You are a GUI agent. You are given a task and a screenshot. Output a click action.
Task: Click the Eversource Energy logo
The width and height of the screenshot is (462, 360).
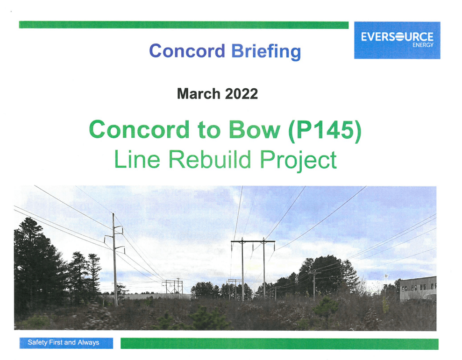397,40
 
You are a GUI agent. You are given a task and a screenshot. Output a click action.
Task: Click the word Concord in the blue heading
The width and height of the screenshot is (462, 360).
187,51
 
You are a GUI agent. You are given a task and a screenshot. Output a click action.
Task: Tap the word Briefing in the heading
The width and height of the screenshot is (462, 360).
266,51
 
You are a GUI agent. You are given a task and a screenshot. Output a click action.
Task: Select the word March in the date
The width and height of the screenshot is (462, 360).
199,94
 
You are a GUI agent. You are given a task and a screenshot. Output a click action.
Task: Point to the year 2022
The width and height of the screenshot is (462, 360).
242,94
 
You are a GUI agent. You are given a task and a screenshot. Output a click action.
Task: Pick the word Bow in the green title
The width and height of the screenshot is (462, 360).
255,130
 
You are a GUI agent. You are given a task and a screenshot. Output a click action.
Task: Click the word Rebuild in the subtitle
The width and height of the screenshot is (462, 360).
209,159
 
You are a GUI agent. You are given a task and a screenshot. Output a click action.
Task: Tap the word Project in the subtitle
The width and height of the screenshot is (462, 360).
298,160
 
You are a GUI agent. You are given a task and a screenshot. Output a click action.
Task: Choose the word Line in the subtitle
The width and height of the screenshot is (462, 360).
137,159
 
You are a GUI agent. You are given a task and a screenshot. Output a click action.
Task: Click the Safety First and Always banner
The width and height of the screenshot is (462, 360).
66,343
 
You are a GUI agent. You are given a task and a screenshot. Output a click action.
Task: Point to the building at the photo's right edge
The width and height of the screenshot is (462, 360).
418,288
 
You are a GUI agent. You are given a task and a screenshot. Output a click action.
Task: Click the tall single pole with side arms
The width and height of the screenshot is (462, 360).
114,259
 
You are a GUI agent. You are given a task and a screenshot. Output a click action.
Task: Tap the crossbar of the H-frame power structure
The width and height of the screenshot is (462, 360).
253,241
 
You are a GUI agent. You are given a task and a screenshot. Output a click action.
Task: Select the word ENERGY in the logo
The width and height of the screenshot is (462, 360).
423,45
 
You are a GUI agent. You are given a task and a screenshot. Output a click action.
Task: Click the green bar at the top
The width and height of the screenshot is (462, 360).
184,25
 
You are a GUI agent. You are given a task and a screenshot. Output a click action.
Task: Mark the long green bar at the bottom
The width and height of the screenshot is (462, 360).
279,344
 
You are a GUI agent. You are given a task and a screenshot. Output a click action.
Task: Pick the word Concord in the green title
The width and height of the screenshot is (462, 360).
139,130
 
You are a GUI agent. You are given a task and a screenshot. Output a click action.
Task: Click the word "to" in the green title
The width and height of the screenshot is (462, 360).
209,131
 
